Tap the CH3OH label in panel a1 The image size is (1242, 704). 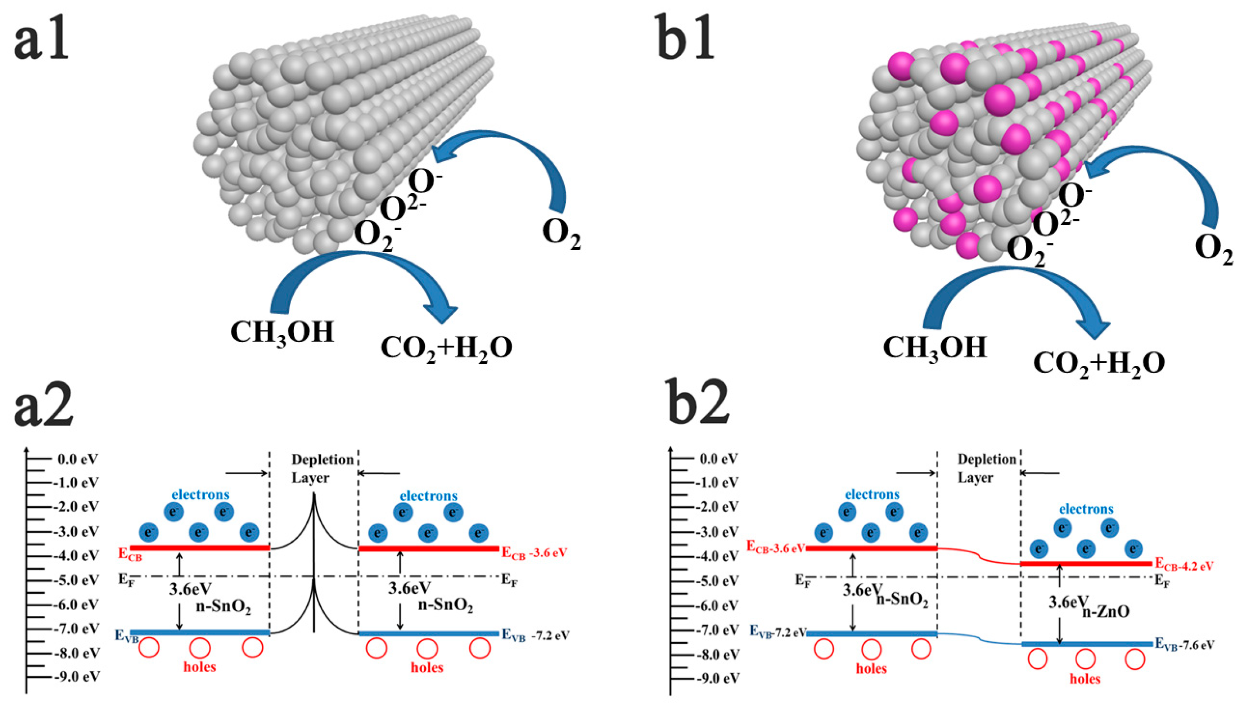[x=282, y=333]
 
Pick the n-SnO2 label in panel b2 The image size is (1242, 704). [x=902, y=601]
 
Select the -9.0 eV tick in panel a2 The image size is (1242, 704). [x=77, y=677]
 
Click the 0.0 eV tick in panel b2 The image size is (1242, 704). [x=719, y=459]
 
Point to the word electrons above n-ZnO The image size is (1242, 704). [x=1086, y=509]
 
